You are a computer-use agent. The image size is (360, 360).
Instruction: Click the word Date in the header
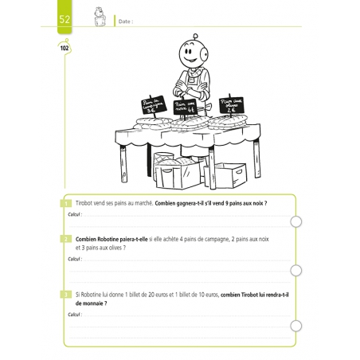coord(124,22)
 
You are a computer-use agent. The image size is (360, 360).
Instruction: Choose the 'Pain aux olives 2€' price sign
coord(232,102)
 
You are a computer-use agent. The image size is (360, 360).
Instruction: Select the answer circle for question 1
coord(296,222)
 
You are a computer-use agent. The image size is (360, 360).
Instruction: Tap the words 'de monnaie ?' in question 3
coord(93,303)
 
